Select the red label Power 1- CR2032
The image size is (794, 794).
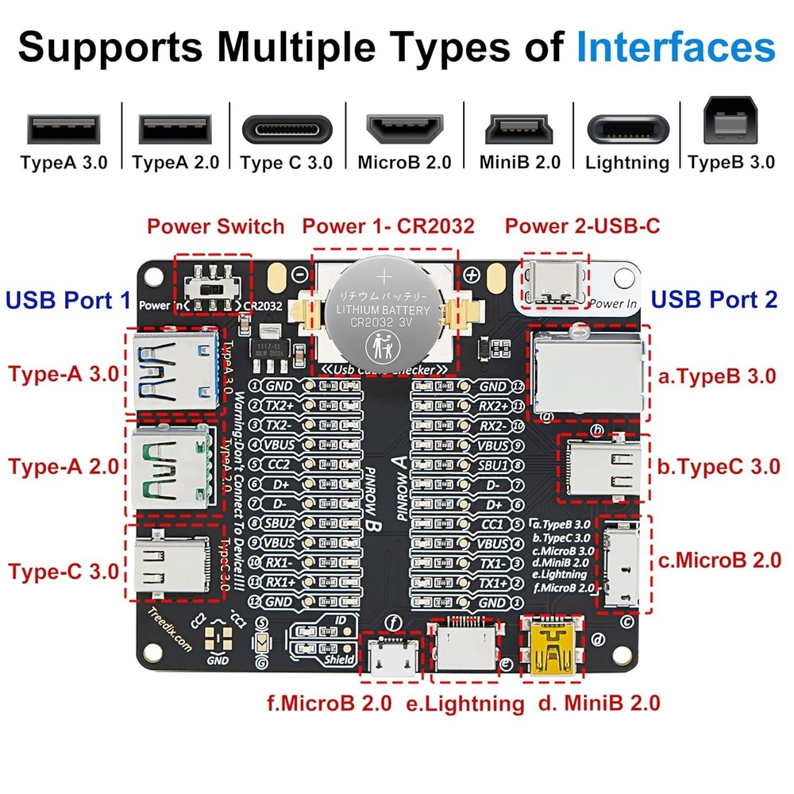pyautogui.click(x=388, y=226)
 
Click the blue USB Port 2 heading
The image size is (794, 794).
pyautogui.click(x=714, y=299)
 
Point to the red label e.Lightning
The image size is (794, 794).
pyautogui.click(x=464, y=703)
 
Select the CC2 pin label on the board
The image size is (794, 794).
pyautogui.click(x=279, y=464)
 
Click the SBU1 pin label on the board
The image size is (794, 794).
pyautogui.click(x=492, y=464)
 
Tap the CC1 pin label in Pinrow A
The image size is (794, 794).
pyautogui.click(x=492, y=524)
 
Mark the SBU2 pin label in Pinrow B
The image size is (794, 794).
pyautogui.click(x=279, y=524)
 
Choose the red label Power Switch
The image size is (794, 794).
pyautogui.click(x=215, y=226)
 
